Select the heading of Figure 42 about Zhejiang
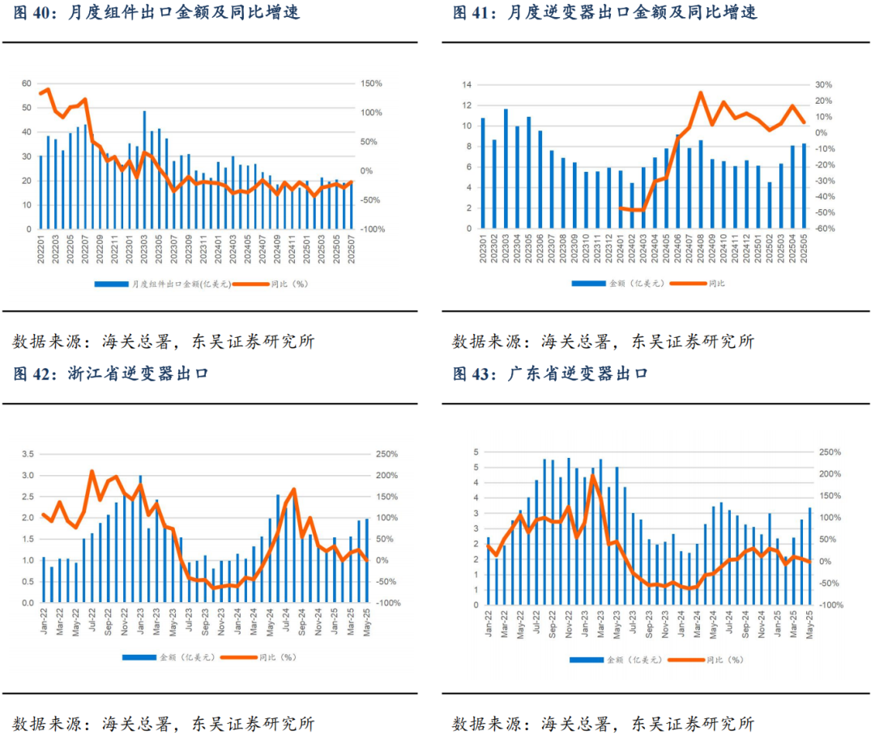111,374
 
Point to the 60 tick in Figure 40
27,83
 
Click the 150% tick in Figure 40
372,83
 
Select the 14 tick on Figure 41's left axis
467,84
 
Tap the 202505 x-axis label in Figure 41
804,250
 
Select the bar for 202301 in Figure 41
483,173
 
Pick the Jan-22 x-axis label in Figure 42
44,622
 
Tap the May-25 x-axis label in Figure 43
809,622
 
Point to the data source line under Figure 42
163,724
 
